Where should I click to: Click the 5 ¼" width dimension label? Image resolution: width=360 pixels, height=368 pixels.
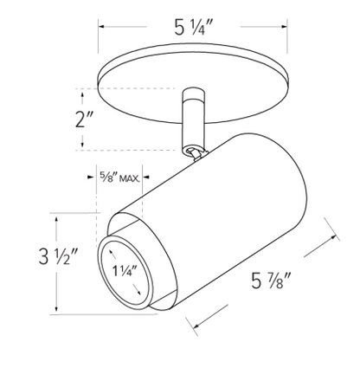(x=194, y=28)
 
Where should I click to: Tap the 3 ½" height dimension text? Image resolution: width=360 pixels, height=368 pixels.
(x=58, y=256)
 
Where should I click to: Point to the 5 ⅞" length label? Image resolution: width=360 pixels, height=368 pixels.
(x=270, y=281)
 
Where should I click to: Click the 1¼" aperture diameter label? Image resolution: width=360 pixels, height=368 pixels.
(x=125, y=271)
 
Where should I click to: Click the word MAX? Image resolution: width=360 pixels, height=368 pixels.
(x=130, y=178)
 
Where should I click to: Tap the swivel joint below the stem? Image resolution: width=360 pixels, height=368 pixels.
(x=193, y=152)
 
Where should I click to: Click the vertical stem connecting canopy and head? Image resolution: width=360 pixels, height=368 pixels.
(x=194, y=121)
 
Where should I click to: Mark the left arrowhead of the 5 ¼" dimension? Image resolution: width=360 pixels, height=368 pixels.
(x=101, y=27)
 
